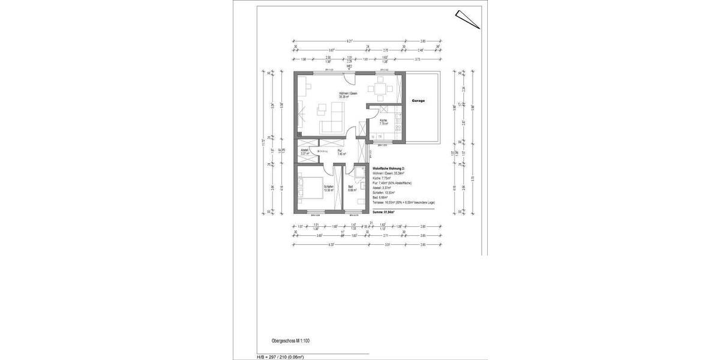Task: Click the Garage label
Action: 418,101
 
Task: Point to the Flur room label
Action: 340,152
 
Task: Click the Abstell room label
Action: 305,152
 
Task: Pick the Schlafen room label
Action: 328,188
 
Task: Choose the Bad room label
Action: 351,188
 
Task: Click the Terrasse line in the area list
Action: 403,203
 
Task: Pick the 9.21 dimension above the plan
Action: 349,41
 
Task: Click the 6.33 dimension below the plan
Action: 331,245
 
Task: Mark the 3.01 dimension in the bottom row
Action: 388,245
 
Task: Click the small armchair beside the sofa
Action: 321,108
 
